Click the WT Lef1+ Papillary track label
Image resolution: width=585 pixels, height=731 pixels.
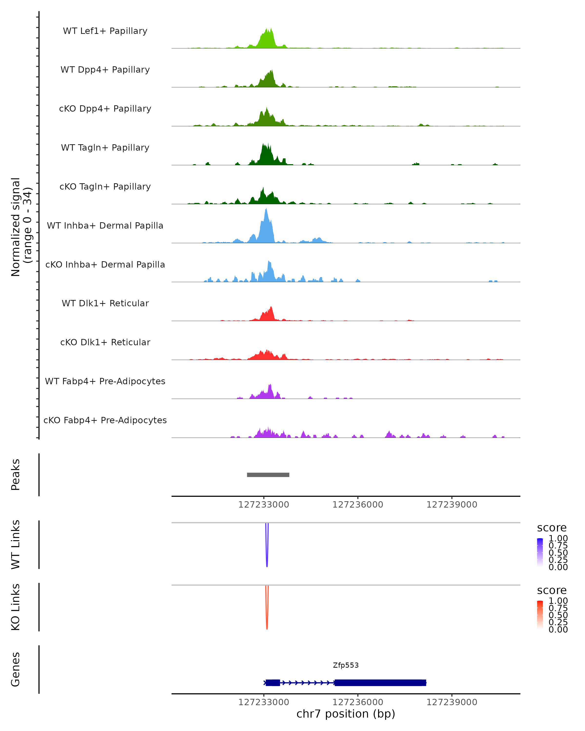105,31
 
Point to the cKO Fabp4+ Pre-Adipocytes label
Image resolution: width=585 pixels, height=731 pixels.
105,420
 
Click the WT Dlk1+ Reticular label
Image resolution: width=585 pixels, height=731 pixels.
105,303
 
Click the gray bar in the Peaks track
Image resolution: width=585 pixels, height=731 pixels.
268,475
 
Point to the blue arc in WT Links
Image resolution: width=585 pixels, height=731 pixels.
267,556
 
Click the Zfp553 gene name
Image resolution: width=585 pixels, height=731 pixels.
346,665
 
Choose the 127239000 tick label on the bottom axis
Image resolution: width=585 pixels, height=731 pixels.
451,702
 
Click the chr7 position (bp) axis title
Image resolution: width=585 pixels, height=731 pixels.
346,714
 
